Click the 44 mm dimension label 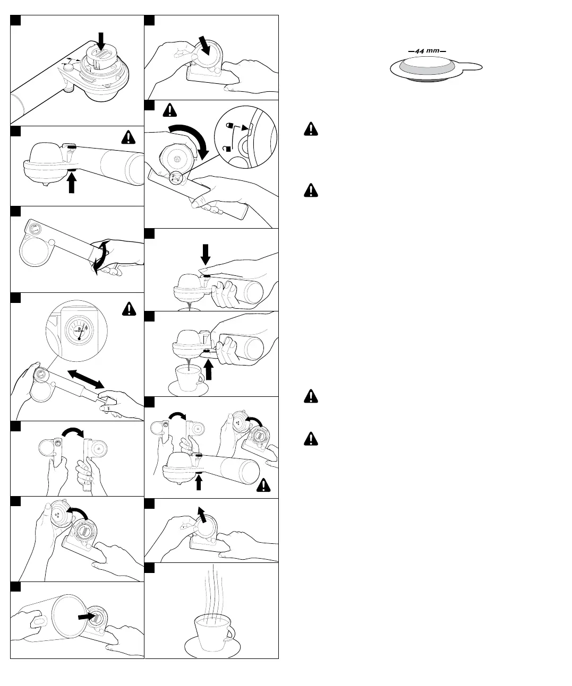(427, 51)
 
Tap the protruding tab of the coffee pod (472, 67)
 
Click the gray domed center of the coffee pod (426, 66)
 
